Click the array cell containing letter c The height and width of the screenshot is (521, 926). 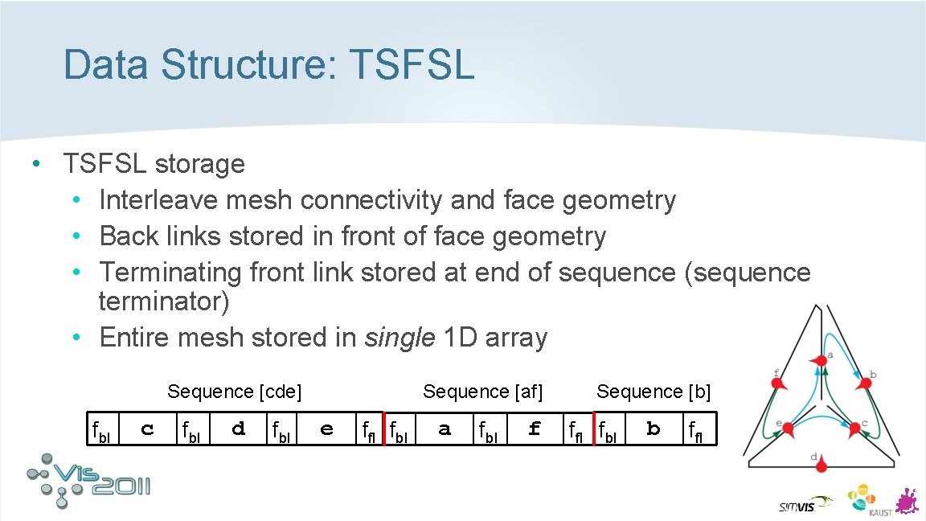coord(147,429)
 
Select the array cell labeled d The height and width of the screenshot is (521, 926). coord(238,429)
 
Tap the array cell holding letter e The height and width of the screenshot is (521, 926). coord(326,429)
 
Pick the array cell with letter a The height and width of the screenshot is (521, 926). coord(445,429)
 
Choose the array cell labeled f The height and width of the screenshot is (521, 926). coord(535,429)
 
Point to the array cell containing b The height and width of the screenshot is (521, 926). coord(653,429)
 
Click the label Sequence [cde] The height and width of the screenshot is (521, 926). coord(234,392)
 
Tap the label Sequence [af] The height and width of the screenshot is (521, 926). coord(482,392)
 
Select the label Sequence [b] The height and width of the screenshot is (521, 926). coord(654,392)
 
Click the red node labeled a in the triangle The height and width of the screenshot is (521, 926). coord(822,363)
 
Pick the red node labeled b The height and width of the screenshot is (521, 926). coord(865,385)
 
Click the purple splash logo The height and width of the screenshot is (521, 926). coord(906,500)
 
